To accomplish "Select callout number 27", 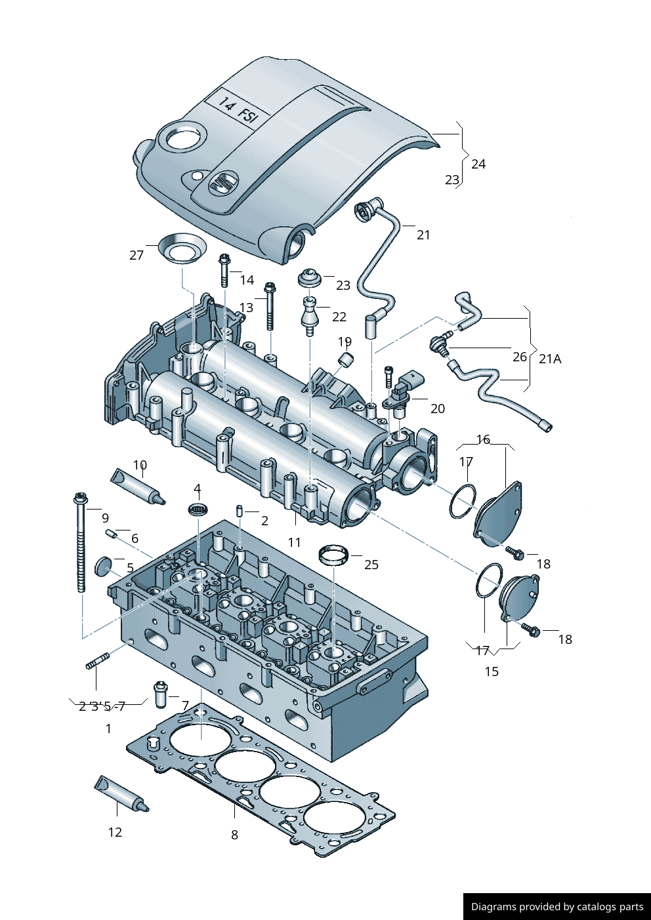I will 136,255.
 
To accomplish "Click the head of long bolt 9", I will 80,498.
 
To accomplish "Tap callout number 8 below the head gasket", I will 234,835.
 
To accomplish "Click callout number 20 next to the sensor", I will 437,409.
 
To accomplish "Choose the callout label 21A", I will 550,359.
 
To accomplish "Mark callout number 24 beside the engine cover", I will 478,164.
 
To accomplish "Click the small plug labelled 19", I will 346,359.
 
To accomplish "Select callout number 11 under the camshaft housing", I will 294,542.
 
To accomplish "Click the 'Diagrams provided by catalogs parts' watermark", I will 557,907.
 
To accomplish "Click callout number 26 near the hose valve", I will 519,357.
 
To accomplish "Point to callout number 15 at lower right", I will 492,671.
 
